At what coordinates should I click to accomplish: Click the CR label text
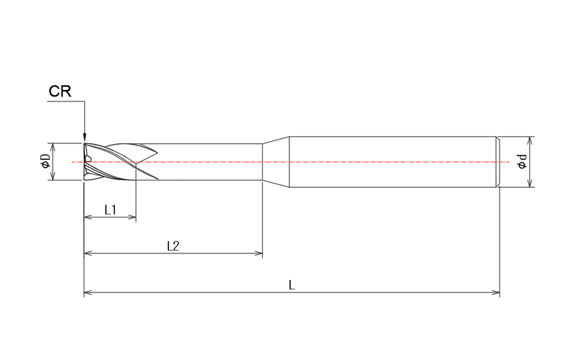tap(60, 91)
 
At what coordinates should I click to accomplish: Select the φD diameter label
tap(45, 163)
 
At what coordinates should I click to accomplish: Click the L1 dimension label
tap(110, 210)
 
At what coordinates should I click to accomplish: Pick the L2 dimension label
tap(173, 246)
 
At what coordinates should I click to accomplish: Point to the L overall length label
tap(292, 285)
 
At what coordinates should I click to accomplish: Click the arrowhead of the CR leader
tap(84, 138)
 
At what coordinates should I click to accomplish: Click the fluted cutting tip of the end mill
tap(108, 162)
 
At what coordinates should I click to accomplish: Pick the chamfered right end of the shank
tap(498, 163)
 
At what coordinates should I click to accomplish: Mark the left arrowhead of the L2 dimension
tap(88, 253)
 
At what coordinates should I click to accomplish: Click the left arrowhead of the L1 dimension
tap(88, 216)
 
